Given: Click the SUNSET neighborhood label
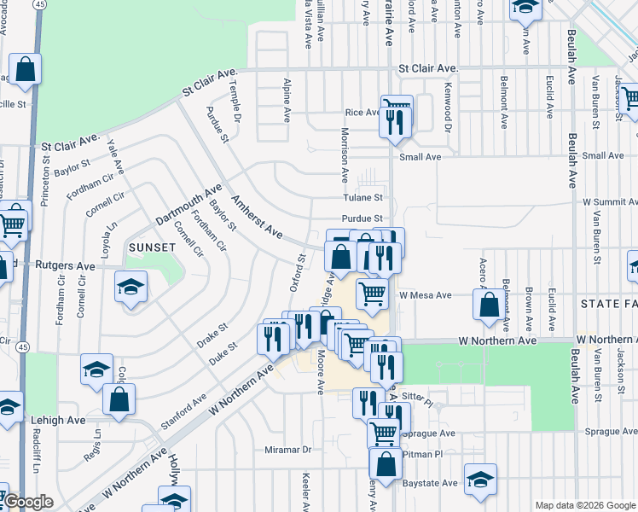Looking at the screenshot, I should pos(152,247).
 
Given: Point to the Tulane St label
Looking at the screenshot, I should pos(361,197).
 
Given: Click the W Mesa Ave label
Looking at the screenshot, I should pos(424,295).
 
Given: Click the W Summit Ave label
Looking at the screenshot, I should pos(610,202).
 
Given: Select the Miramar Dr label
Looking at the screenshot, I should pos(289,450).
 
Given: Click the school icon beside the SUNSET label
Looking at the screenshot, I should pos(130,287).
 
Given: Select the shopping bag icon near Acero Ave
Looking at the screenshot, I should pos(489,305).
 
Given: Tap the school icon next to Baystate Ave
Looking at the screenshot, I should pos(480,480).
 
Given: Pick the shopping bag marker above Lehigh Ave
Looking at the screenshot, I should pos(119,399).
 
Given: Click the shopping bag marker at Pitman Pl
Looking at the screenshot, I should pos(386,465).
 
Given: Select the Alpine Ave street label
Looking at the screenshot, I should pos(287,95).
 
